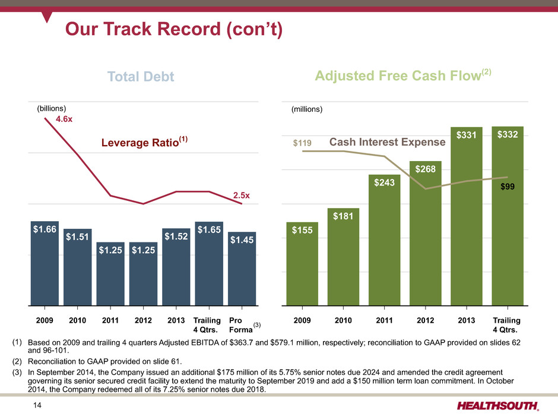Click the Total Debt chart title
[141, 77]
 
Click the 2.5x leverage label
[241, 195]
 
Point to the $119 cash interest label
[303, 143]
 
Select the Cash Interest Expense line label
[388, 142]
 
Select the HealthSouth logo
[498, 406]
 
